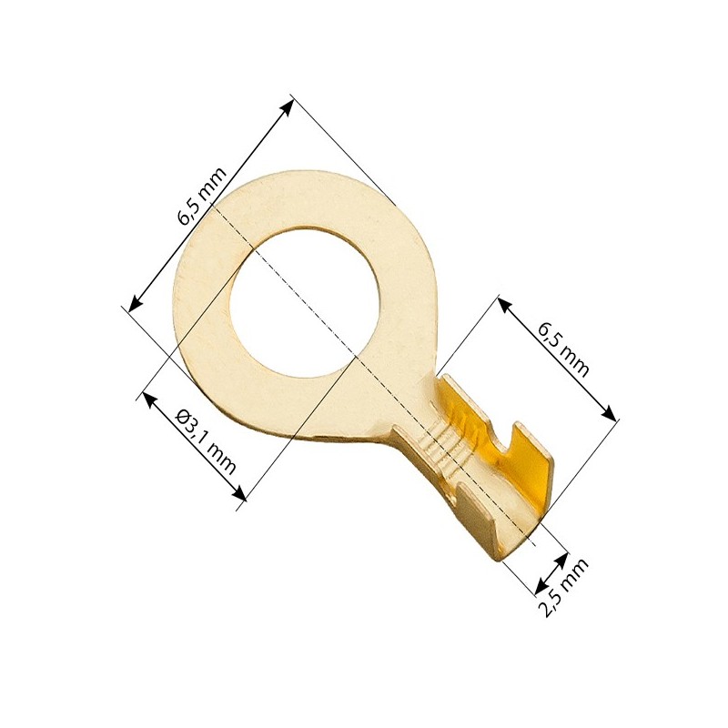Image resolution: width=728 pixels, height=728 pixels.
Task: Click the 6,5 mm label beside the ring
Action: (x=203, y=195)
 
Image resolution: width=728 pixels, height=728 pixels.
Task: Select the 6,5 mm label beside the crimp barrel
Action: (x=563, y=349)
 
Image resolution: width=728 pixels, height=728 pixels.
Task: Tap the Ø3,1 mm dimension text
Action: (x=206, y=443)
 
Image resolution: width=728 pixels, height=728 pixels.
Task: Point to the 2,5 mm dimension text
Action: (x=565, y=587)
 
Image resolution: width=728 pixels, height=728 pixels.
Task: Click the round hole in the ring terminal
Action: (x=305, y=301)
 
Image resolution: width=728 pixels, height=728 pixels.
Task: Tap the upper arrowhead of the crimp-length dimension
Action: (x=504, y=304)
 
